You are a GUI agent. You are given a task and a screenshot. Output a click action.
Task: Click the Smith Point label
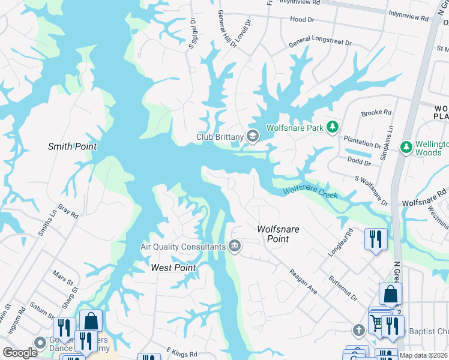tap(72, 146)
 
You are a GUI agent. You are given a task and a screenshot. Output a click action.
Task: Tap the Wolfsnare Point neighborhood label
tap(278, 234)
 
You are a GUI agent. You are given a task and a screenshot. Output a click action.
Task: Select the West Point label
tap(173, 268)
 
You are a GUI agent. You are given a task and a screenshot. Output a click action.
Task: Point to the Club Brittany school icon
tap(253, 137)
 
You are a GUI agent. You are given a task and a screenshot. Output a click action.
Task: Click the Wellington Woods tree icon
tap(406, 146)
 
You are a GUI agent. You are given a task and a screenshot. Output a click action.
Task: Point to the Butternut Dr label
tap(343, 289)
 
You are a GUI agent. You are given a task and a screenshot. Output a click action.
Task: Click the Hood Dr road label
tap(302, 20)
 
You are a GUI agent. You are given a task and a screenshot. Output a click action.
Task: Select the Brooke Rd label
tap(376, 112)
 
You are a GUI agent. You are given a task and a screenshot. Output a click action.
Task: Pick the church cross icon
tap(358, 330)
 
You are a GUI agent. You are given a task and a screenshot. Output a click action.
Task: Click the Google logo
tap(20, 353)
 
